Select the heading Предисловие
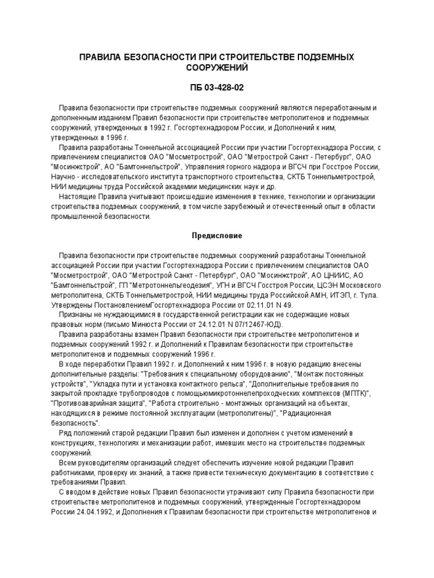[216, 234]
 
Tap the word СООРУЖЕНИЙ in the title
[217, 68]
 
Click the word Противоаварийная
[84, 404]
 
